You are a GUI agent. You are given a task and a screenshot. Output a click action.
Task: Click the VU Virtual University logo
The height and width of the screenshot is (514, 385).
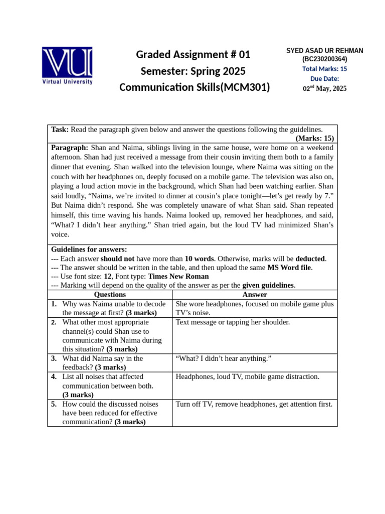click(x=67, y=65)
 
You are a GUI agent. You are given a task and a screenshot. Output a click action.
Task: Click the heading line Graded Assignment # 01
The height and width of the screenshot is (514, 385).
click(x=194, y=54)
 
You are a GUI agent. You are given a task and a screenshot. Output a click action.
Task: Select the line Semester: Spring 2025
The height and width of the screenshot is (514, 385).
click(x=194, y=71)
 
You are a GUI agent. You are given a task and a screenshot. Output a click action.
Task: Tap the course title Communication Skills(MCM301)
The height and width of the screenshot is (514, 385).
click(x=195, y=87)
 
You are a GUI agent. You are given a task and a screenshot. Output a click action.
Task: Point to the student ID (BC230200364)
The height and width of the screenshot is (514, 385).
click(x=324, y=59)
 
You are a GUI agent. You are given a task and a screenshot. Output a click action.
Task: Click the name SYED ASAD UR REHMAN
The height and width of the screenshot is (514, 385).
click(x=324, y=51)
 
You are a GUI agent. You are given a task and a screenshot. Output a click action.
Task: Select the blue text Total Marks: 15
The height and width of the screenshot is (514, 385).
click(x=324, y=69)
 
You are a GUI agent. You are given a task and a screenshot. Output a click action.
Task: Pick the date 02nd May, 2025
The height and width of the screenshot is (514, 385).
click(x=324, y=88)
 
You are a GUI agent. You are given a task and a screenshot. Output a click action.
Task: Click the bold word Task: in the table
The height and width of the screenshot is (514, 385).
click(x=60, y=130)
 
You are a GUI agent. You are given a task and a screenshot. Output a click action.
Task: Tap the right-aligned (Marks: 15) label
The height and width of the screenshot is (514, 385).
click(x=314, y=139)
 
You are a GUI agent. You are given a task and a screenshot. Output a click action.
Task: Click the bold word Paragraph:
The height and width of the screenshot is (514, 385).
click(x=70, y=148)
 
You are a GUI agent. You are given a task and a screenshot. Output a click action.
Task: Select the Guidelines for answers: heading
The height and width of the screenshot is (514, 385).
click(x=89, y=249)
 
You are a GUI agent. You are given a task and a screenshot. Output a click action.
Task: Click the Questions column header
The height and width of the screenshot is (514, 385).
click(x=110, y=295)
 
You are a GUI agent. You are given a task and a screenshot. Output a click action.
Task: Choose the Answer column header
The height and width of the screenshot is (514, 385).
click(x=255, y=295)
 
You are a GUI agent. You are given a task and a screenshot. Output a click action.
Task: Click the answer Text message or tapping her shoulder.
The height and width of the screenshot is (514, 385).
click(x=233, y=322)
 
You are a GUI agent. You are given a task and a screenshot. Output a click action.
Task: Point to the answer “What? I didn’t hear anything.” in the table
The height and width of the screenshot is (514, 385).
click(x=224, y=358)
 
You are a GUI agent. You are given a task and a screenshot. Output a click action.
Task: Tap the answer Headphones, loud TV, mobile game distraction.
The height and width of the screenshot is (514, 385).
click(x=247, y=376)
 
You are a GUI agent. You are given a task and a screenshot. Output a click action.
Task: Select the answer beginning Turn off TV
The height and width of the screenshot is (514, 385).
click(x=254, y=404)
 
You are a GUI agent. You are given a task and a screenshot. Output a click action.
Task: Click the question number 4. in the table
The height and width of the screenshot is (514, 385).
click(x=54, y=376)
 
